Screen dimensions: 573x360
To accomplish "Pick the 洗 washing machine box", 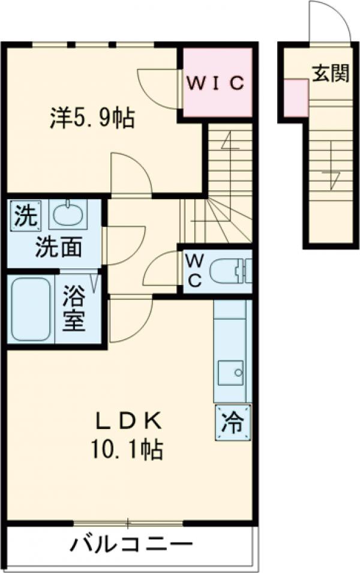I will [x=25, y=214].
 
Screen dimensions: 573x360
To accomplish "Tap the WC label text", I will [x=194, y=269].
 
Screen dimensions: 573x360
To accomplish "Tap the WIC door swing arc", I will [x=157, y=88].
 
